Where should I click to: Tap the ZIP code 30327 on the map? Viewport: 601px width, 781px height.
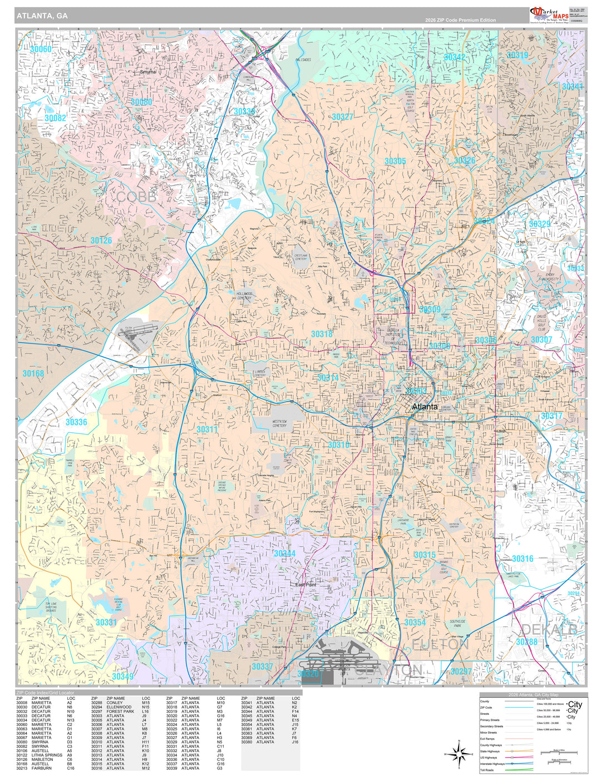[342, 117]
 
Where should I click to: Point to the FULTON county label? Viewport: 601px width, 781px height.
[440, 644]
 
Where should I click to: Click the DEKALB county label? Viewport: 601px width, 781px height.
[548, 629]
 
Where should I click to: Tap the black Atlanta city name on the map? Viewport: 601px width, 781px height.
[425, 407]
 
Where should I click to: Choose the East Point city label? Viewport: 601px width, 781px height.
[306, 585]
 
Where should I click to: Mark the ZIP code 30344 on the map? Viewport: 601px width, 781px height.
[284, 553]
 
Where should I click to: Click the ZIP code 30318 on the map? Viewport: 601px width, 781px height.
[322, 334]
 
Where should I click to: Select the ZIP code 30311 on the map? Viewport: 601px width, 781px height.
[207, 429]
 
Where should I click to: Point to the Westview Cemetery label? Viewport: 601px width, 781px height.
[279, 423]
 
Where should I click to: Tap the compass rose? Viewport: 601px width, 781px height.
[459, 754]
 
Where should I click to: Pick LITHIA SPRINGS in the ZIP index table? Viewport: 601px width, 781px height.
[47, 755]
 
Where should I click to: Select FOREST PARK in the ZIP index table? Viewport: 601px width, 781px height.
[120, 711]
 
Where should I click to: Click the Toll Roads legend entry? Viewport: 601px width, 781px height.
[487, 770]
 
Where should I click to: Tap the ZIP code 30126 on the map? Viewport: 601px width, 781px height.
[101, 240]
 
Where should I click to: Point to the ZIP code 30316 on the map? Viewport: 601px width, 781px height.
[522, 558]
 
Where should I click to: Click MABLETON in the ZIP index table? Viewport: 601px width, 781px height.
[42, 759]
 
